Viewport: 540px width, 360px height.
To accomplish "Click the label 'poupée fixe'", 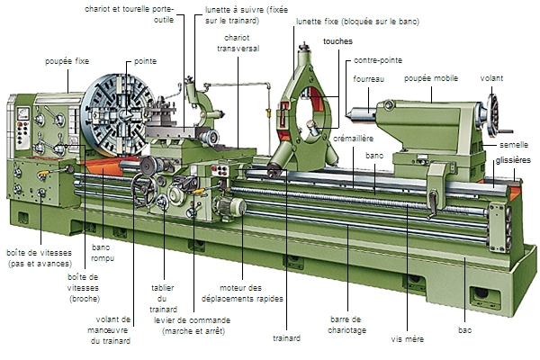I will [67, 61].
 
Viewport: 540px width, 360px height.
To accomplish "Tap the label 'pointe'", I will [145, 61].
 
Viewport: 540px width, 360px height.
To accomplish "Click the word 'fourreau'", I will [368, 78].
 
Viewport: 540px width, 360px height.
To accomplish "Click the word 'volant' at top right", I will [491, 78].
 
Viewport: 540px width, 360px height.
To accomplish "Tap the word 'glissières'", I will [513, 159].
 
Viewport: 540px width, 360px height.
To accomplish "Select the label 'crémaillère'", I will [353, 140].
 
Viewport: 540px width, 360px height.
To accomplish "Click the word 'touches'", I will [338, 41].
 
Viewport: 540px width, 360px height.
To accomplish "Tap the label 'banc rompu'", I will [101, 253].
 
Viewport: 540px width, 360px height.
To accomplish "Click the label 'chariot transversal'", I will [238, 43].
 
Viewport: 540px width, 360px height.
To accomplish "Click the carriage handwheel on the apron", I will [143, 190].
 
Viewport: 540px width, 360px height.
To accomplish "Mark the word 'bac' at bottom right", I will [464, 331].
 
